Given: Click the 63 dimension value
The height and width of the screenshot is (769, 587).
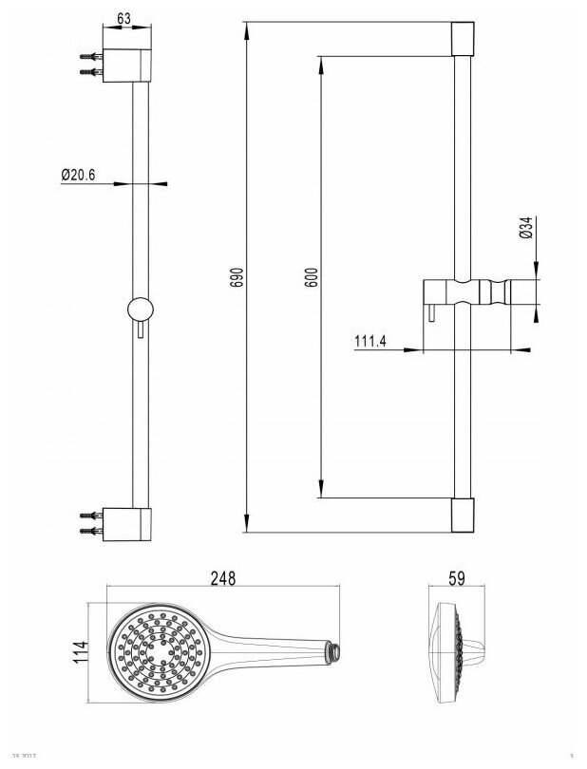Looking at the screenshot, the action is [123, 18].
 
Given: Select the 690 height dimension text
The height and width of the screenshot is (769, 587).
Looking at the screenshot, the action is [238, 277].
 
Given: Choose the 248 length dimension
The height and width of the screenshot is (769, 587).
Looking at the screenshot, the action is [222, 576].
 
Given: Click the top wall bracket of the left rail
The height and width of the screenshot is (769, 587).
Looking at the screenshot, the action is [127, 64].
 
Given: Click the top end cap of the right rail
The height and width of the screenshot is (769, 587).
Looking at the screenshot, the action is [462, 41].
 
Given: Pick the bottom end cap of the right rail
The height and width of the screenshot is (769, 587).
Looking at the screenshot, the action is [462, 515].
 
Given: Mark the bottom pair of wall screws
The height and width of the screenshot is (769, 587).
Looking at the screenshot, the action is [89, 520].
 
